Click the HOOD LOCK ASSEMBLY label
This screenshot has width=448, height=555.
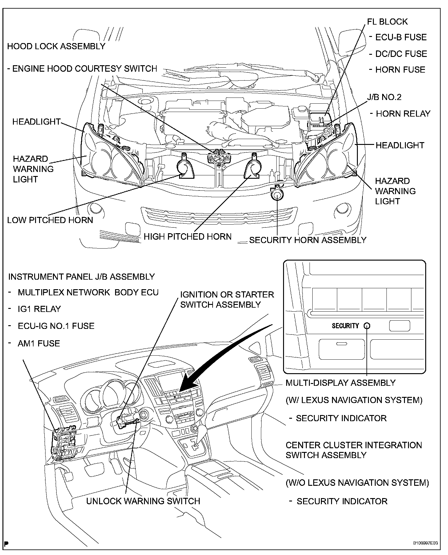(x=56, y=46)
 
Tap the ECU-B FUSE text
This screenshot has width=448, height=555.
(x=401, y=37)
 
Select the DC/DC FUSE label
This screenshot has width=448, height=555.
(x=401, y=54)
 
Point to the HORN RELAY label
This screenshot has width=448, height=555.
(x=403, y=114)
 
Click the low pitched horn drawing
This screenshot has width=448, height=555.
(x=185, y=168)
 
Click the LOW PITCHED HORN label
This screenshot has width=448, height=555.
(x=50, y=220)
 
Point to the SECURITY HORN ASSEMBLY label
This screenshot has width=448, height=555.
(x=308, y=240)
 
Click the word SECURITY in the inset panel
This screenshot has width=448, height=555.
(x=345, y=326)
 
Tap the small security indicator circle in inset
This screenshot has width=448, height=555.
(x=367, y=326)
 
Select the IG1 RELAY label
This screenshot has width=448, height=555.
(x=39, y=309)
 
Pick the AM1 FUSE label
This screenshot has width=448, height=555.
(x=39, y=343)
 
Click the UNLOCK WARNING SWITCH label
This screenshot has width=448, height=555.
(x=143, y=501)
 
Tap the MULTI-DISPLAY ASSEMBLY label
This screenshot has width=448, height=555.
(x=341, y=383)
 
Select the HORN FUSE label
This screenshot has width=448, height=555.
(x=400, y=70)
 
